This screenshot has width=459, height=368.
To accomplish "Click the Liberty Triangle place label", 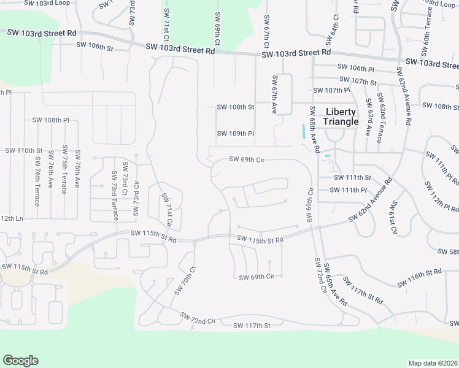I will (x=341, y=117).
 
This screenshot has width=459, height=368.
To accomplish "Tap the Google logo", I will (x=20, y=361).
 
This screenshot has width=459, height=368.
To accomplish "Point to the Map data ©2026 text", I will (x=433, y=363).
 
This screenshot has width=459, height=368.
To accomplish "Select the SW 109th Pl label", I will (x=235, y=133).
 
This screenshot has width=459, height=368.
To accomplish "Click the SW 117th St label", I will (x=252, y=326).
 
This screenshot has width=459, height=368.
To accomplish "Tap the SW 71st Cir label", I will (x=166, y=209).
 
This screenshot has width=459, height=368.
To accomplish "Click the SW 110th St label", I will (x=23, y=150).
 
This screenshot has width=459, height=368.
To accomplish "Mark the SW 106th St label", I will (x=95, y=46).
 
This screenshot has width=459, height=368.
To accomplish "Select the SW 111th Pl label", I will (x=348, y=190).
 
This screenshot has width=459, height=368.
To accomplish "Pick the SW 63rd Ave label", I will (x=369, y=117).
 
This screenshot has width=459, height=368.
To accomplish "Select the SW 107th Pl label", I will (x=331, y=90).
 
